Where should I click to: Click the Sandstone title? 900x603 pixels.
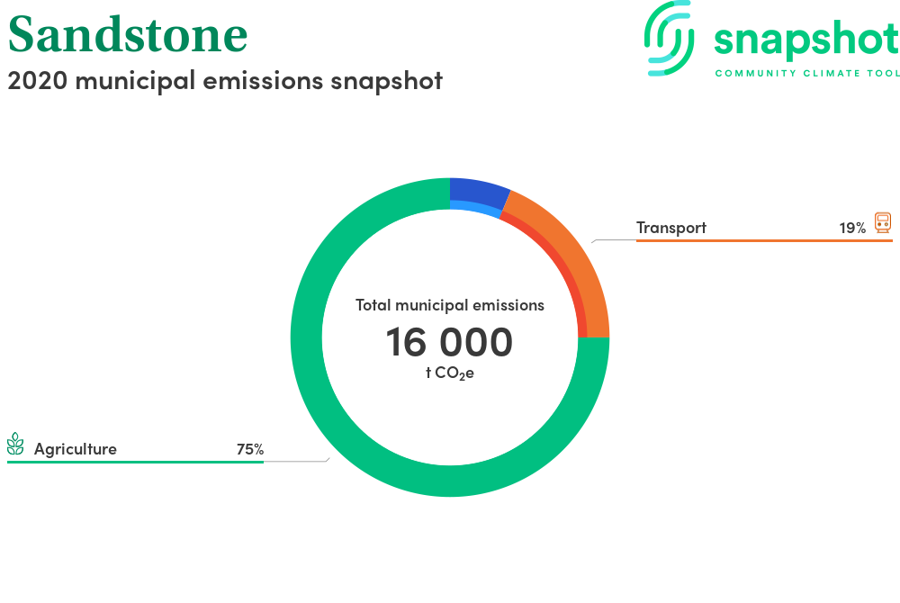click(x=128, y=34)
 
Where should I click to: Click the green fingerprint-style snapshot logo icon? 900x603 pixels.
click(x=669, y=39)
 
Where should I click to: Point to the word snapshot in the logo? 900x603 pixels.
click(x=806, y=40)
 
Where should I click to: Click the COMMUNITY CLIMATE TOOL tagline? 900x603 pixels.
click(x=807, y=74)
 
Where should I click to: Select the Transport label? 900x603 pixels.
click(x=671, y=228)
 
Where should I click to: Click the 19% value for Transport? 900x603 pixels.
click(x=852, y=229)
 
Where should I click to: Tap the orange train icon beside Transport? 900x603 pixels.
click(x=883, y=222)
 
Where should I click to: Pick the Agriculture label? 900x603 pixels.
click(x=76, y=449)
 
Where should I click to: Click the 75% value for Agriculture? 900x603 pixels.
click(x=250, y=449)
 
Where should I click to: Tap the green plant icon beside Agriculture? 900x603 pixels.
click(x=15, y=444)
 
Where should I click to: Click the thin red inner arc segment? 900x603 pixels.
click(x=560, y=264)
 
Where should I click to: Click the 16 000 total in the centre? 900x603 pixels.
click(x=449, y=342)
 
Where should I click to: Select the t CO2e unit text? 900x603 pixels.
click(x=450, y=373)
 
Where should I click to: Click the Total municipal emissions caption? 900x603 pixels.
click(x=450, y=305)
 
